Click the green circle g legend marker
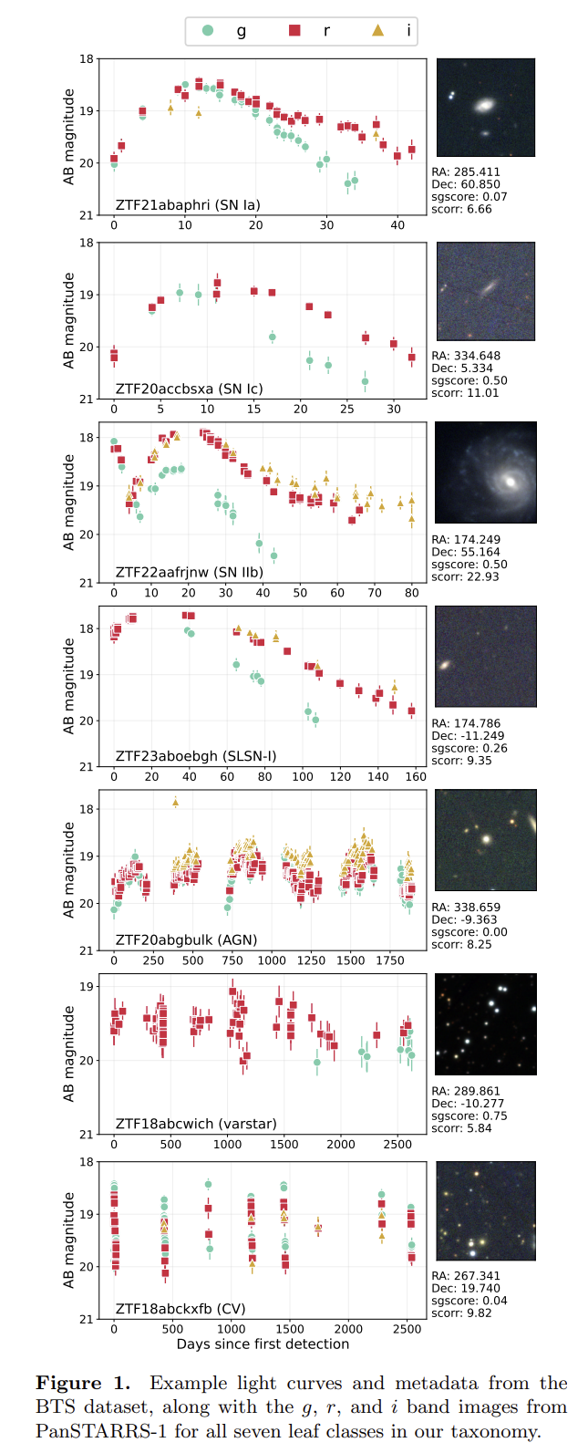(x=208, y=30)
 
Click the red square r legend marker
(x=294, y=30)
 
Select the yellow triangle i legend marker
(x=378, y=30)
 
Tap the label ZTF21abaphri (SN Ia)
(x=188, y=205)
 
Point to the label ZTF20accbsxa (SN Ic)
(x=190, y=389)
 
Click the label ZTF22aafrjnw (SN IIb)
(x=190, y=572)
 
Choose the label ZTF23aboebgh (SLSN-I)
(x=196, y=756)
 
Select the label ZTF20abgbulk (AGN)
(x=186, y=939)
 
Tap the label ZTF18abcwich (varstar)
(x=196, y=1123)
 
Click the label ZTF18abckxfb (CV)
(x=181, y=1308)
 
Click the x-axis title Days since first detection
(x=263, y=1344)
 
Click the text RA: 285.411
(x=466, y=171)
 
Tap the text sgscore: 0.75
(x=469, y=1116)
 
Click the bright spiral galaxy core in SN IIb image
(x=511, y=482)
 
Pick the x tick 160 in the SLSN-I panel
(x=416, y=776)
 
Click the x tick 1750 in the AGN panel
(x=389, y=960)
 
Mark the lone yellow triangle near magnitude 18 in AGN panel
(x=175, y=803)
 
